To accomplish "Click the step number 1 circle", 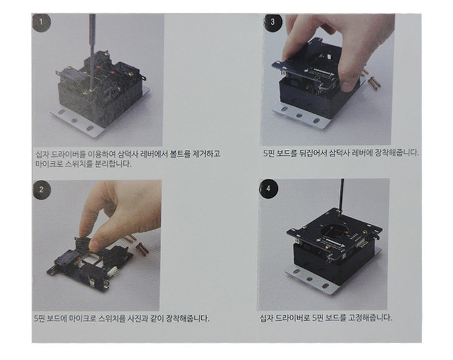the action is tap(41, 22).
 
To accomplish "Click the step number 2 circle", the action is tap(42, 190).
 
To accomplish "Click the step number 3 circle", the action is tap(272, 22).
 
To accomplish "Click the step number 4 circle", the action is tap(268, 188).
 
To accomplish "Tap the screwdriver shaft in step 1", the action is tap(92, 52).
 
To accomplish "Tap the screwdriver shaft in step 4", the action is tap(341, 196).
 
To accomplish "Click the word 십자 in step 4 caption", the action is tap(266, 318).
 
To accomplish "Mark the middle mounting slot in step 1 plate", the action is tap(74, 120).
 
